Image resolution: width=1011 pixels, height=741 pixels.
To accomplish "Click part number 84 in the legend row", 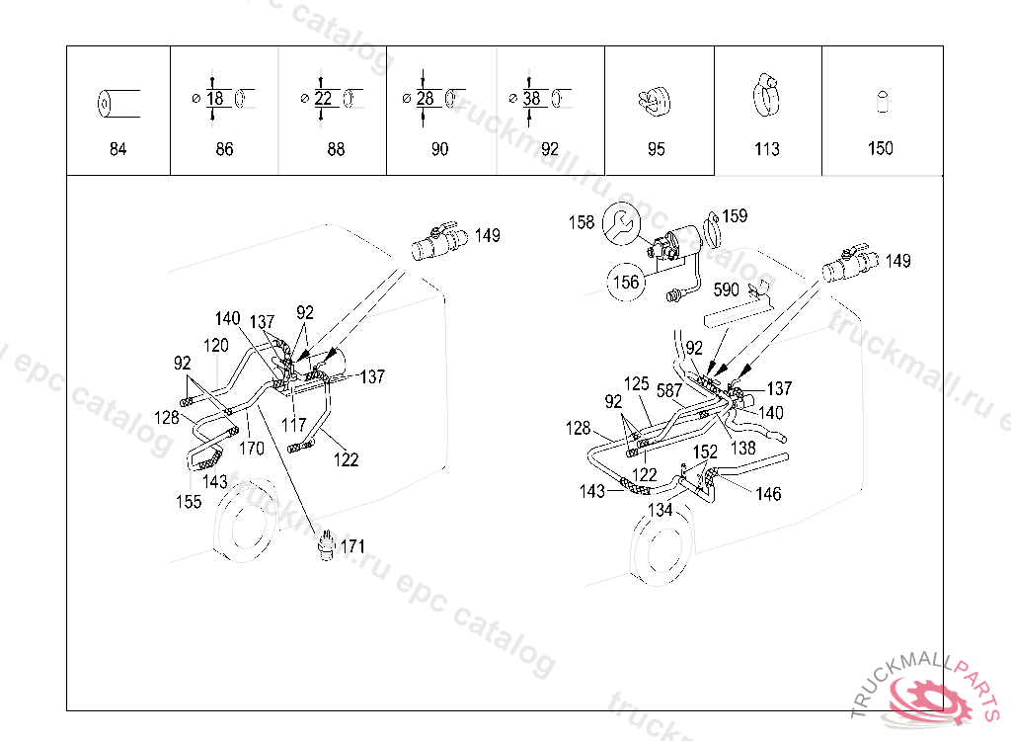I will point(117,149).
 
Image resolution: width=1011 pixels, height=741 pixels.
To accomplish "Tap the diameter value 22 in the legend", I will point(325,99).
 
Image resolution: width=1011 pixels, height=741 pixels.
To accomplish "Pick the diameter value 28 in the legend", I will point(426,99).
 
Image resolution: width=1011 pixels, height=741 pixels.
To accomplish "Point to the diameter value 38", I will point(532,99).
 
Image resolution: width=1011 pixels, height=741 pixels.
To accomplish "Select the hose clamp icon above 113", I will point(765,95).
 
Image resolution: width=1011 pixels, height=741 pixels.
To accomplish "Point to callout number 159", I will point(735,215).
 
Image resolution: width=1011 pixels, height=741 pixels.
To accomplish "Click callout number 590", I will point(726,290).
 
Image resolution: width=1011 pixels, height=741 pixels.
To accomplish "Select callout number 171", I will point(352,545).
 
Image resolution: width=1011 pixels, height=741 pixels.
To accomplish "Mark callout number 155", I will point(189,501).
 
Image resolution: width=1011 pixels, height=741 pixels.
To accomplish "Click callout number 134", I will point(660,510).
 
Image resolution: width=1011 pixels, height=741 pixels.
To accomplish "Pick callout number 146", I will point(768,493).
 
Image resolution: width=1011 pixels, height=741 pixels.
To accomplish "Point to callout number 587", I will point(670,390).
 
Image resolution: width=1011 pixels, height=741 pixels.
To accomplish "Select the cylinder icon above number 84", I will point(117,102).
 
